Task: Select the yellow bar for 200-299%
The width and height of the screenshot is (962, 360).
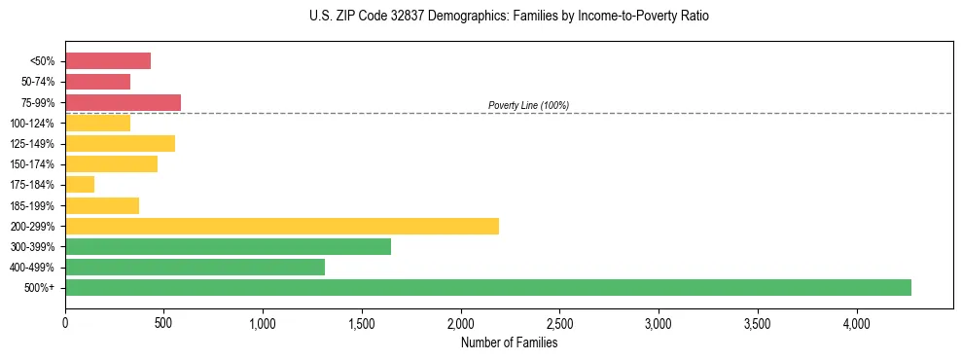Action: coord(282,226)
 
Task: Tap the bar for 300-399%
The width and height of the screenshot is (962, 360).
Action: coord(228,246)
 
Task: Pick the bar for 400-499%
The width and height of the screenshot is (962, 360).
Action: coord(195,267)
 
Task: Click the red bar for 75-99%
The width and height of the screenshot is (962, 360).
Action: coord(123,102)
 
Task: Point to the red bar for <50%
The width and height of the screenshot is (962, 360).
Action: coord(108,61)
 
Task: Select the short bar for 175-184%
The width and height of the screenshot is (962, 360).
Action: coord(80,184)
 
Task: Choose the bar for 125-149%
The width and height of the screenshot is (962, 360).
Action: coord(120,143)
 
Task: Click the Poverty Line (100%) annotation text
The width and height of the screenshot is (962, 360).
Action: coord(528,105)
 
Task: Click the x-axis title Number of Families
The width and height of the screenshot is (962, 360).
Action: coord(510,342)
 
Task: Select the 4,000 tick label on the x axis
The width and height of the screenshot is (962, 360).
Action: coord(857,322)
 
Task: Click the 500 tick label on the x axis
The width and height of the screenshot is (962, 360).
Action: coord(164,322)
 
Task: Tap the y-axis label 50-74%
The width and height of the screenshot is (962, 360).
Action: coord(40,82)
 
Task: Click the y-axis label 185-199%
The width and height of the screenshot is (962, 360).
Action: coord(37,205)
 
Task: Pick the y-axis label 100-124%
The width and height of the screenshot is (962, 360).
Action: coord(37,123)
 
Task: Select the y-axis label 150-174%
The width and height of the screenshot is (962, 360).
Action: coord(37,164)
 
